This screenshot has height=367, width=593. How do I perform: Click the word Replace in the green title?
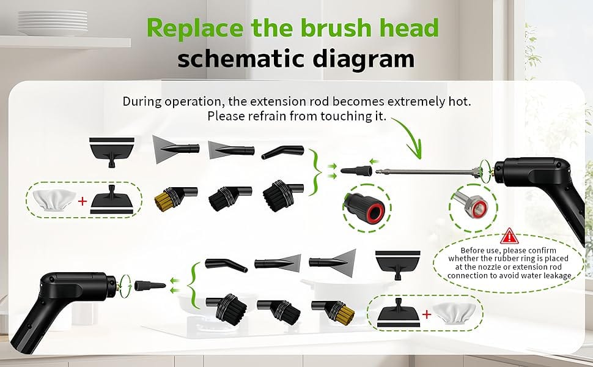click(195, 28)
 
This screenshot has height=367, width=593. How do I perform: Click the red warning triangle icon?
click(509, 236)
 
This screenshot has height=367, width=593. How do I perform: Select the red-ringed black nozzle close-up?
click(367, 207)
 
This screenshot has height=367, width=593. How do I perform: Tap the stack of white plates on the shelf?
click(53, 23)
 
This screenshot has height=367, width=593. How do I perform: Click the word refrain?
click(268, 116)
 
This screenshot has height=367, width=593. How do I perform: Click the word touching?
click(343, 116)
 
